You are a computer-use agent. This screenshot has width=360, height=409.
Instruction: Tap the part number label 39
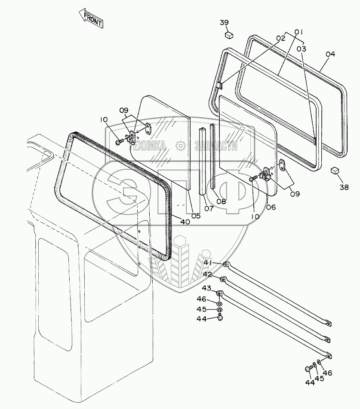pos(225,23)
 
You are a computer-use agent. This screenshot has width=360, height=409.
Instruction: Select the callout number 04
pos(330,55)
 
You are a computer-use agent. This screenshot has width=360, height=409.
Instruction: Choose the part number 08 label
pos(222,201)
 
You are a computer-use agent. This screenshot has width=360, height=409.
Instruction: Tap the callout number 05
pos(196,216)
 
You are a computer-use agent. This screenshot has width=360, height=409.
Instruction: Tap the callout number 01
pos(299,31)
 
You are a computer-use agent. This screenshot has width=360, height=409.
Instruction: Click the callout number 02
pos(280,39)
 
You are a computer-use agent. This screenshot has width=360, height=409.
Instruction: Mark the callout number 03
pos(302,49)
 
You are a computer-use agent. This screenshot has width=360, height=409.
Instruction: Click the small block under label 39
pos(230,34)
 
